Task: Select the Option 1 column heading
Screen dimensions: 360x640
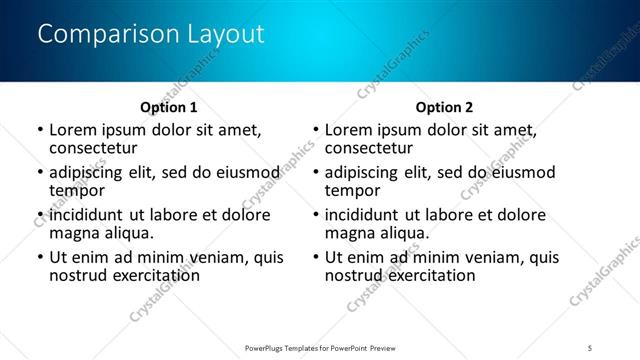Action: (x=168, y=107)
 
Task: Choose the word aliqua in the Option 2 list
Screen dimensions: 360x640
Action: (x=401, y=232)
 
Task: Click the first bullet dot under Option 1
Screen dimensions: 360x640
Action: (x=39, y=131)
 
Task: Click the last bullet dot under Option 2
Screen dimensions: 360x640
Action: (x=315, y=258)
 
